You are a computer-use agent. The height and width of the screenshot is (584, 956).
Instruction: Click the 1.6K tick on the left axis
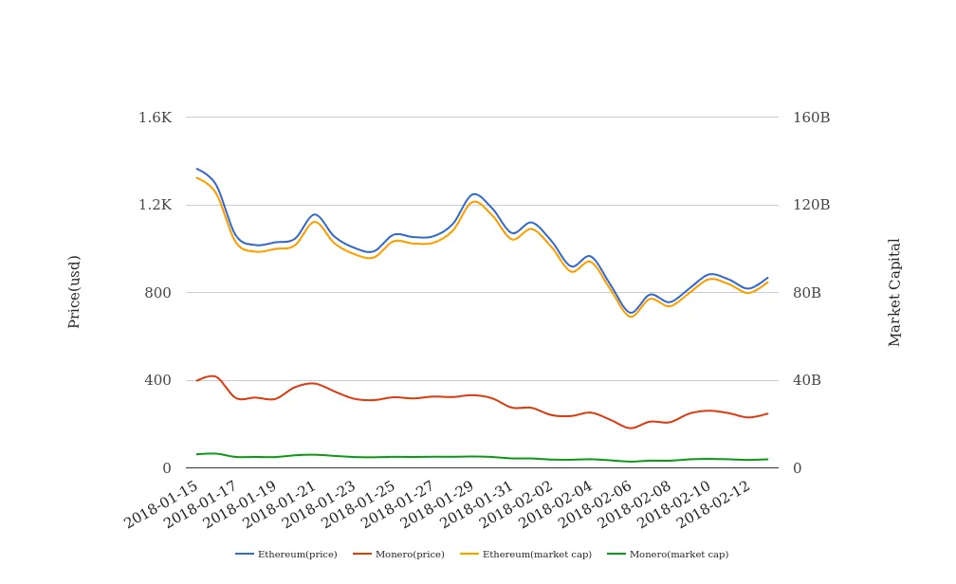click(x=155, y=118)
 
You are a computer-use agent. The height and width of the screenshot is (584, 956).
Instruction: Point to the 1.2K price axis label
click(x=155, y=205)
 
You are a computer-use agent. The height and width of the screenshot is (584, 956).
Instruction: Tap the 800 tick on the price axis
click(x=157, y=293)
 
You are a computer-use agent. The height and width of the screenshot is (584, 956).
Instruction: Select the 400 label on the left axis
click(x=157, y=380)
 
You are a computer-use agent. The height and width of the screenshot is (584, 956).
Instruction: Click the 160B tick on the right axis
click(x=811, y=118)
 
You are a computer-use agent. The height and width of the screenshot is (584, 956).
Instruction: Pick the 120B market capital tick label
click(x=811, y=205)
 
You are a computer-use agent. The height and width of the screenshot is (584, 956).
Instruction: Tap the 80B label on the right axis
click(x=807, y=293)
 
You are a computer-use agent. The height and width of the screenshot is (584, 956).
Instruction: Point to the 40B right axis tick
click(x=807, y=380)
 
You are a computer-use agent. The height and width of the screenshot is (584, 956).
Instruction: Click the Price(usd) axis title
click(x=75, y=291)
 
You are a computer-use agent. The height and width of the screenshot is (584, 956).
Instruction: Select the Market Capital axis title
click(x=895, y=292)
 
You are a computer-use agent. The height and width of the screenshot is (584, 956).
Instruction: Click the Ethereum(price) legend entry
click(x=286, y=555)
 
